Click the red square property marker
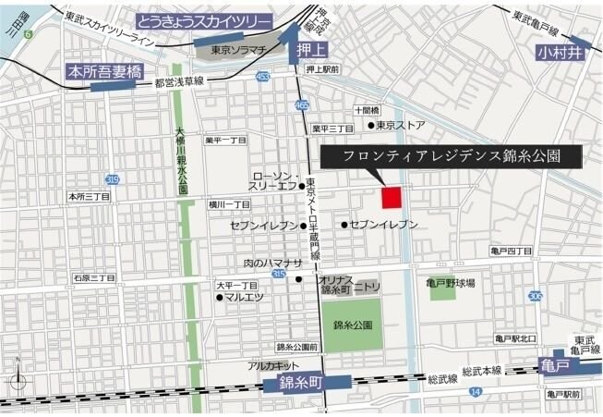pos(392,197)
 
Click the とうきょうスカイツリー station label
pos(206,21)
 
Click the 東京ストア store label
pos(401,126)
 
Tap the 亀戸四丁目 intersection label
pos(512,251)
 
